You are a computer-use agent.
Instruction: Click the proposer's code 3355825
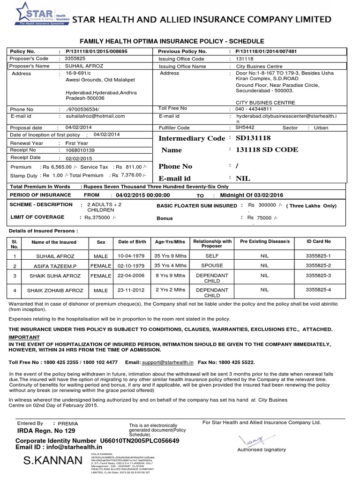[x=75, y=59]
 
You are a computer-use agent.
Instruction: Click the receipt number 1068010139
[x=80, y=150]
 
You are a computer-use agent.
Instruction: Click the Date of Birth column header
[x=132, y=241]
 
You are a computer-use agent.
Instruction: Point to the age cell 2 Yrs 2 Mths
[x=170, y=291]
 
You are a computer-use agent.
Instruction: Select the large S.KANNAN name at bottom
[x=52, y=462]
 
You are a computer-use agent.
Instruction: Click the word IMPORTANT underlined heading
[x=27, y=337]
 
